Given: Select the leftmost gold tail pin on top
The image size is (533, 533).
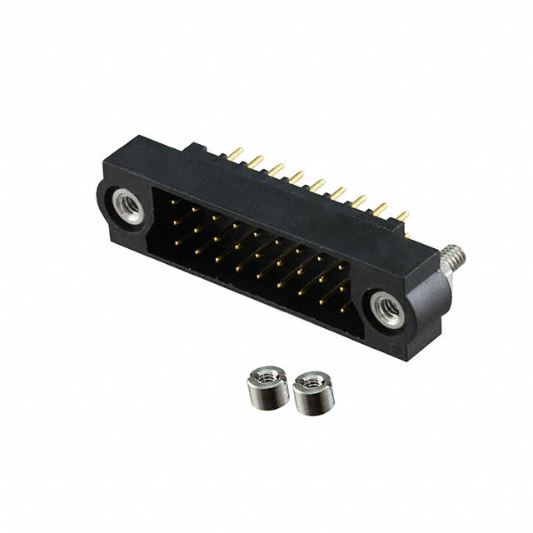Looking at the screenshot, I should [x=237, y=153].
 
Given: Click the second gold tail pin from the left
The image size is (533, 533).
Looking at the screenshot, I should [x=254, y=160].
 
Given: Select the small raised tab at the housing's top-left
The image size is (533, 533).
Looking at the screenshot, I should [x=198, y=150].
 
